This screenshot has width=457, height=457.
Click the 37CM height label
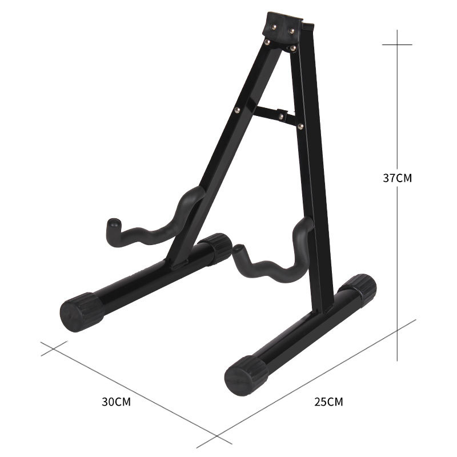397,178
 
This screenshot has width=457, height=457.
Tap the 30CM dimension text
117,402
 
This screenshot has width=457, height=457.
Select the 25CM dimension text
328,402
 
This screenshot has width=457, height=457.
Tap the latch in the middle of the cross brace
282,115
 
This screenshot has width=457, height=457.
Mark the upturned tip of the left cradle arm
112,225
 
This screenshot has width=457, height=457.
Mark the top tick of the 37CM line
397,45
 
